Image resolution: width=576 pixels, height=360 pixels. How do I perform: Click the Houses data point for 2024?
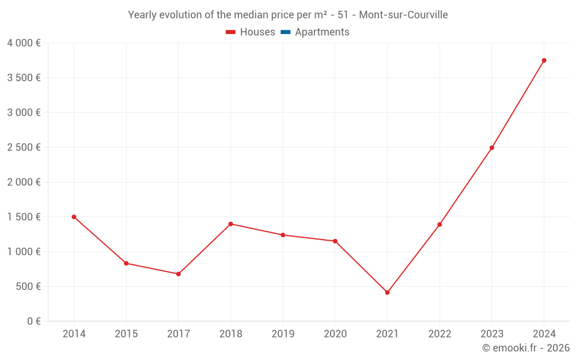(x=544, y=60)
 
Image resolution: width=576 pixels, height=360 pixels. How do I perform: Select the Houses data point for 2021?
(x=387, y=293)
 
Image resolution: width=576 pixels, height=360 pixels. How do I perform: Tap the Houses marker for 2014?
(x=74, y=217)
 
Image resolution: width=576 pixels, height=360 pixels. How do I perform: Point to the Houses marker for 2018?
(x=230, y=223)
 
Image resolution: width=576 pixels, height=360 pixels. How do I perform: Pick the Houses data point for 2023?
(x=492, y=147)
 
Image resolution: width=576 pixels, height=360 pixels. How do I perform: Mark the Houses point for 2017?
(x=179, y=274)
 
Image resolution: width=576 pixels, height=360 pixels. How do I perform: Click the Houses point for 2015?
(x=126, y=263)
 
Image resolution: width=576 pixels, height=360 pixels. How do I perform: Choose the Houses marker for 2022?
(x=439, y=225)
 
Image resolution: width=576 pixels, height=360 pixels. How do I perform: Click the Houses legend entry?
(x=251, y=32)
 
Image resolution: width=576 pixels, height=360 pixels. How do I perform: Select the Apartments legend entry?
(x=315, y=32)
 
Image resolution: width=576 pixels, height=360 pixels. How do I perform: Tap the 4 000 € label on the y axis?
(x=24, y=43)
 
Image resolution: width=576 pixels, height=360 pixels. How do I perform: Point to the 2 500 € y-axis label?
(x=24, y=147)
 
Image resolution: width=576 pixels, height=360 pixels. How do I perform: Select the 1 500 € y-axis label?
(x=24, y=217)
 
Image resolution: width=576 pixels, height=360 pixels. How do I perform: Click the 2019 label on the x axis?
(x=283, y=334)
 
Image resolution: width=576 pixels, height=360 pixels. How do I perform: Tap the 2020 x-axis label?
(x=335, y=334)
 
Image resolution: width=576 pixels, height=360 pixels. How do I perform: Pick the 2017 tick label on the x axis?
(x=179, y=334)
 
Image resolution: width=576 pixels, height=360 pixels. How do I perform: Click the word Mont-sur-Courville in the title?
(x=403, y=15)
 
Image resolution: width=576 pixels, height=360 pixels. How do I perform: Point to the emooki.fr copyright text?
(x=526, y=348)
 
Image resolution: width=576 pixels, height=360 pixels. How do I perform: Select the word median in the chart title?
(x=249, y=15)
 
